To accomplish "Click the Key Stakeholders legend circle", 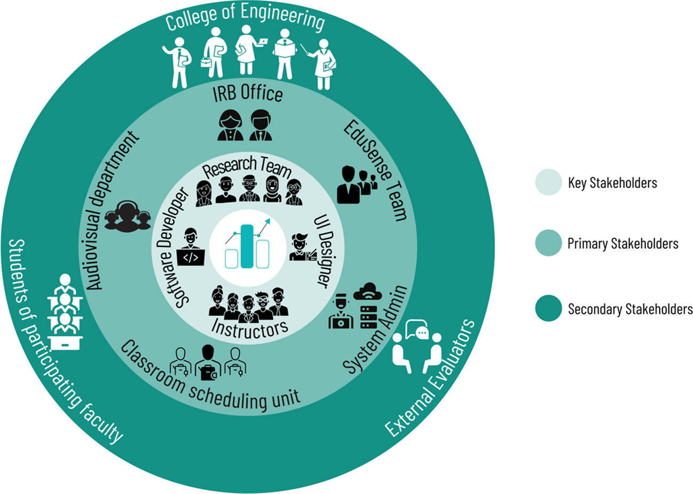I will click(548, 182).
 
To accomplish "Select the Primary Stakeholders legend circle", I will click(548, 243).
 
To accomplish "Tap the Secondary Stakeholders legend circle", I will click(548, 308).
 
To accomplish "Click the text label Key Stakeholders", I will click(612, 183).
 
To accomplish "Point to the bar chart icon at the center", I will click(247, 245).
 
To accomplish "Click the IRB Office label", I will click(247, 93).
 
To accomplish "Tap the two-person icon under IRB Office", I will click(245, 125).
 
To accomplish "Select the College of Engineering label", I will click(245, 20).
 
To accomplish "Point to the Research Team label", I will click(247, 167).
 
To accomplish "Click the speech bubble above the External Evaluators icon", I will click(418, 331).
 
